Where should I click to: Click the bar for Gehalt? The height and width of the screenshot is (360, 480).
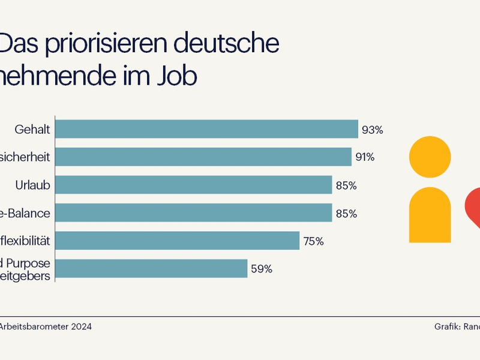tap(206, 130)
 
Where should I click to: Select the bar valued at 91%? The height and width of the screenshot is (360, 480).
tap(203, 157)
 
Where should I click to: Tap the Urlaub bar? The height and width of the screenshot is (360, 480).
tap(193, 185)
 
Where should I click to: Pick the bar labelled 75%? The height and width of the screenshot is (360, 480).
tap(177, 241)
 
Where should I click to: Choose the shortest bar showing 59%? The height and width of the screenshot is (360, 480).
tap(151, 269)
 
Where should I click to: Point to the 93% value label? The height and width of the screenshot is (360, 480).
tap(372, 130)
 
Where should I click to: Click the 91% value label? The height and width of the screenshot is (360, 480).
tap(365, 157)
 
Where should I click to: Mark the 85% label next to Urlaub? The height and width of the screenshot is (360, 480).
tap(346, 186)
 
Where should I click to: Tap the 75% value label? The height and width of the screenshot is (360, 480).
tap(313, 241)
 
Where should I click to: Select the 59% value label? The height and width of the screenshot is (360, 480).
tap(262, 269)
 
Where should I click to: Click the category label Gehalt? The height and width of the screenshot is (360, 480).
tap(32, 130)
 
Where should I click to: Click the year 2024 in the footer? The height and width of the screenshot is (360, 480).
tap(82, 326)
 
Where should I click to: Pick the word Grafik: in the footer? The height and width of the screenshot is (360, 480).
tap(448, 326)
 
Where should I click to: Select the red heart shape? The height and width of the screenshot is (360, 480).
tap(473, 207)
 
